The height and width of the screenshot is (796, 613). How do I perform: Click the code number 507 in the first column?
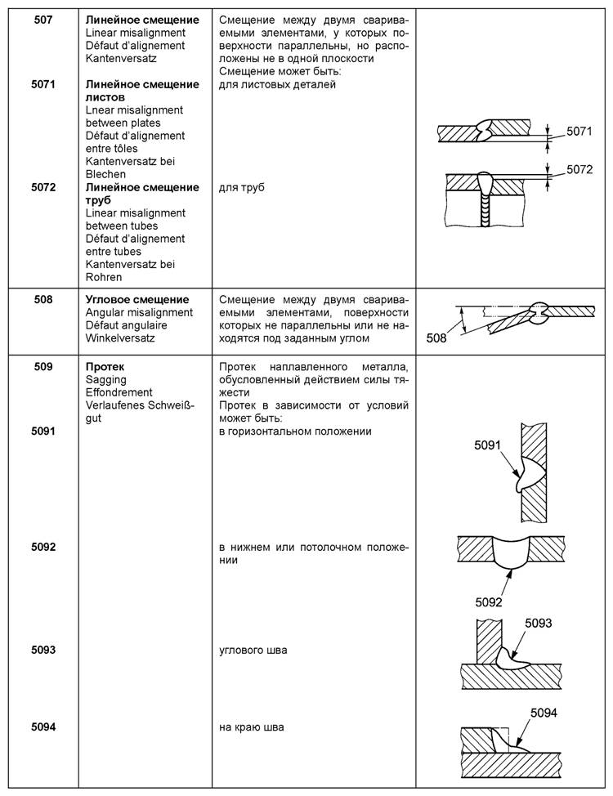click(x=44, y=20)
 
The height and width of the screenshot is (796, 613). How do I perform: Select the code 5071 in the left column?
click(x=44, y=84)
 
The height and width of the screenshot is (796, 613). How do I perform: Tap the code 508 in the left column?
click(x=44, y=300)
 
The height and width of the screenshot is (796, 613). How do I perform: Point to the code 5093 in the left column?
click(x=44, y=650)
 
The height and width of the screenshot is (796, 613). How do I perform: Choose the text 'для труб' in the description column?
click(x=243, y=187)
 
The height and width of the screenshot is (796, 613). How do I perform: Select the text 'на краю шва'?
click(x=252, y=727)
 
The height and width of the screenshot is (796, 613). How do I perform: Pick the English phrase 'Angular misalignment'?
click(x=139, y=312)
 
